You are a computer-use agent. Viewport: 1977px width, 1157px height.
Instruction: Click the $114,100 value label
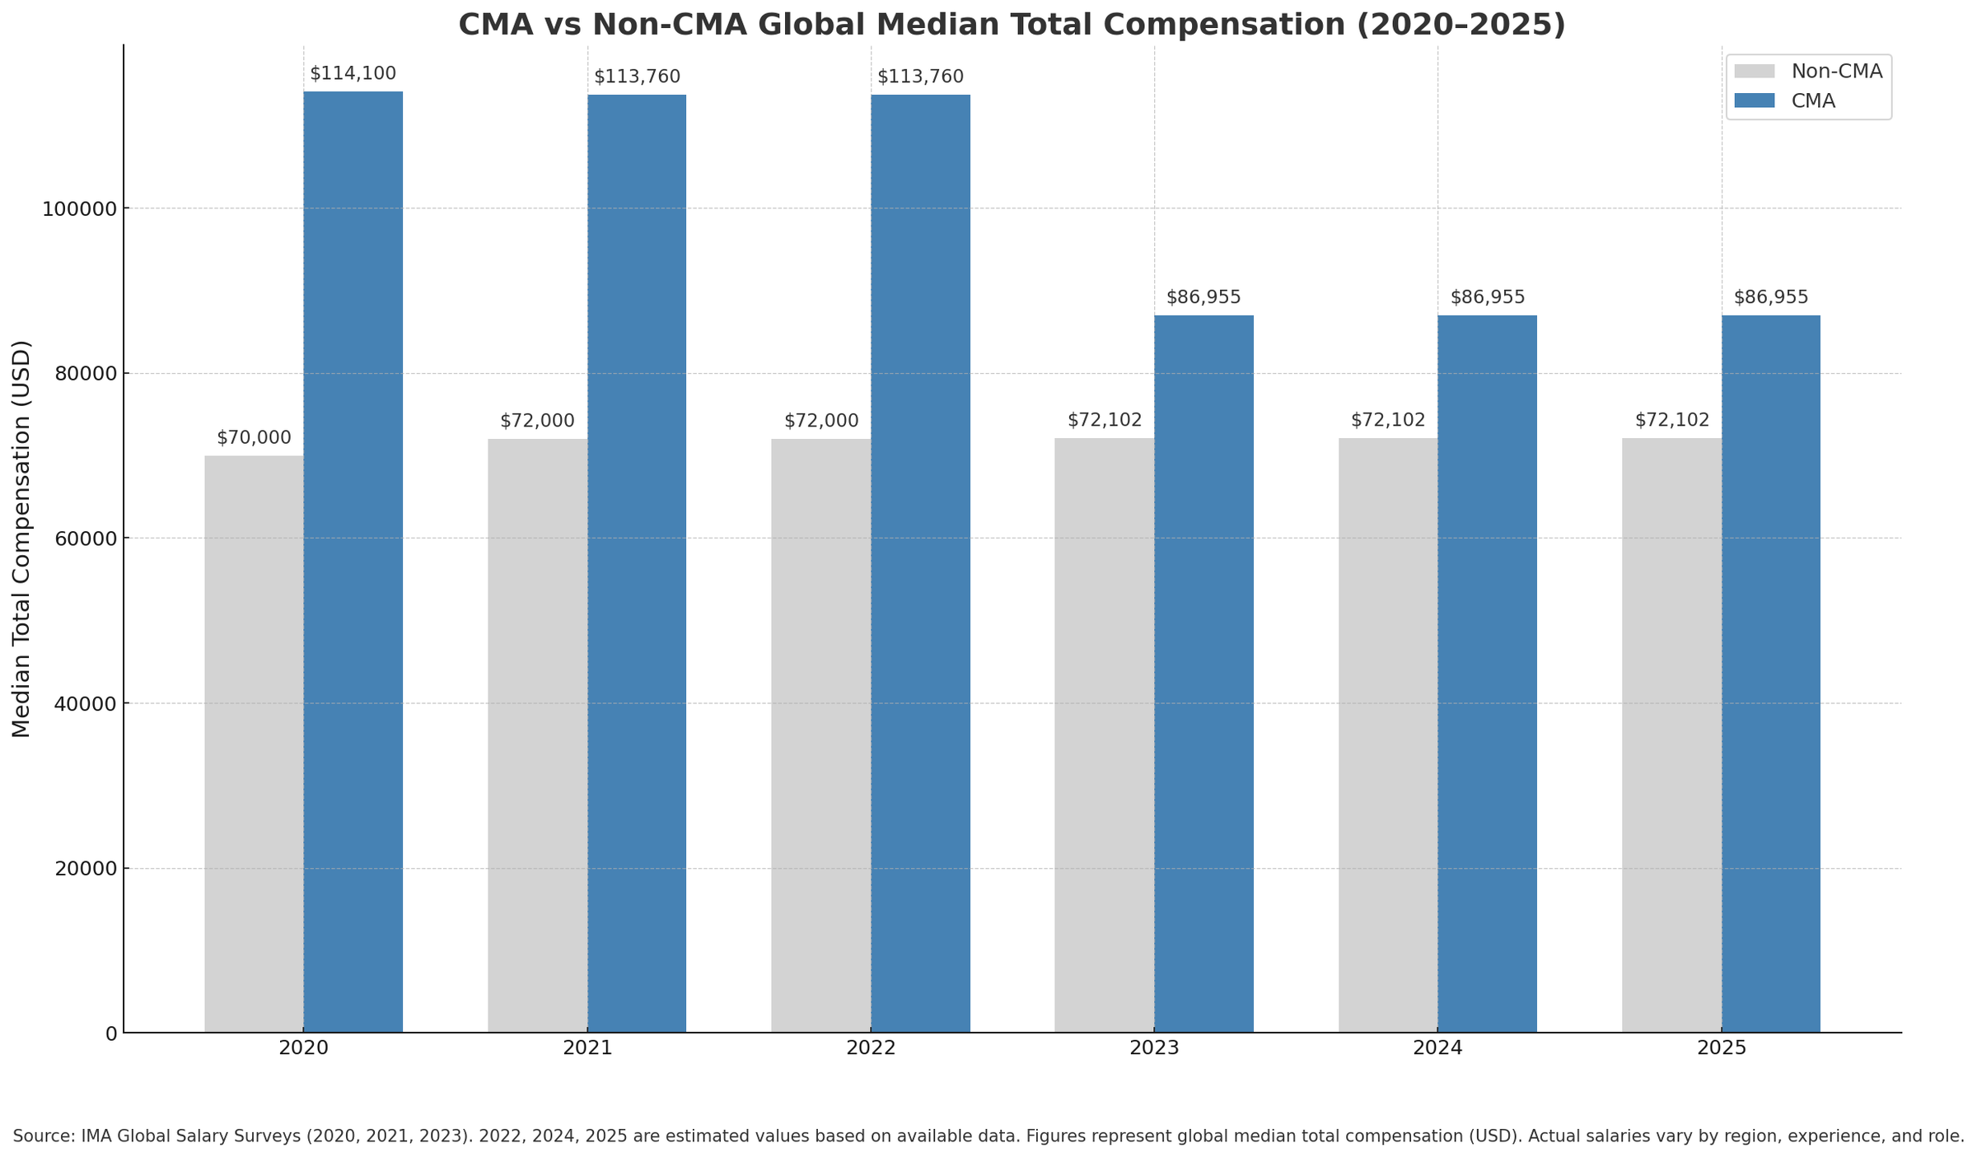coord(353,73)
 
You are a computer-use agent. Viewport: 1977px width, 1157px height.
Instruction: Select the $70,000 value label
coord(254,438)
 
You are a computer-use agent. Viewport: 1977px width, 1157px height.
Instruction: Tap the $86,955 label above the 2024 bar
coord(1487,297)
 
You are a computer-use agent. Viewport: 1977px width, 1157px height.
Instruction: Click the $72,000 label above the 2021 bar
coord(537,421)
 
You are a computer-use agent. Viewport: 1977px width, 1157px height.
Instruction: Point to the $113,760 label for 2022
coord(920,77)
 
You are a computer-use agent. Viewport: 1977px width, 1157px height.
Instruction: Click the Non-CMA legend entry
coord(1836,72)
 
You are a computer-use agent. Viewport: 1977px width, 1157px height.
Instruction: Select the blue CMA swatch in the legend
coord(1754,100)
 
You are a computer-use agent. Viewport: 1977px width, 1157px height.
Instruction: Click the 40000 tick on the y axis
coord(85,704)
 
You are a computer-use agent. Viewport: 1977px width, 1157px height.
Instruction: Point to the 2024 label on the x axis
coord(1437,1048)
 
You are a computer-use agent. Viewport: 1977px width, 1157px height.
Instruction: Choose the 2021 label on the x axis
coord(587,1048)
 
